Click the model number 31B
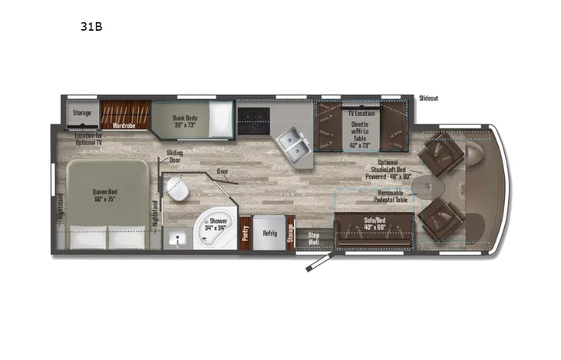[91, 25]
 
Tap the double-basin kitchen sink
[292, 142]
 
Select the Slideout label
[429, 98]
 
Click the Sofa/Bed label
[375, 223]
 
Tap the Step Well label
[313, 236]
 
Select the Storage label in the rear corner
[81, 113]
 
